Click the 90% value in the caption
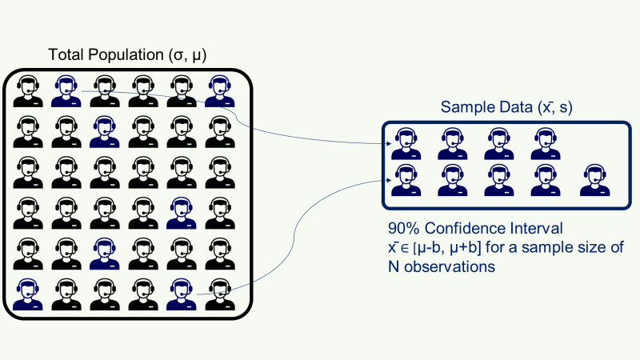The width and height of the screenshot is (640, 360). point(402,228)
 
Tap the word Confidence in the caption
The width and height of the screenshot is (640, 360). point(461,228)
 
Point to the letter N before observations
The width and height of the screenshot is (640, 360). point(394,266)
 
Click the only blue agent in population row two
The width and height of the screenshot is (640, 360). point(103,130)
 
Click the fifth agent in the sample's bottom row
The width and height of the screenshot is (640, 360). point(594,181)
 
